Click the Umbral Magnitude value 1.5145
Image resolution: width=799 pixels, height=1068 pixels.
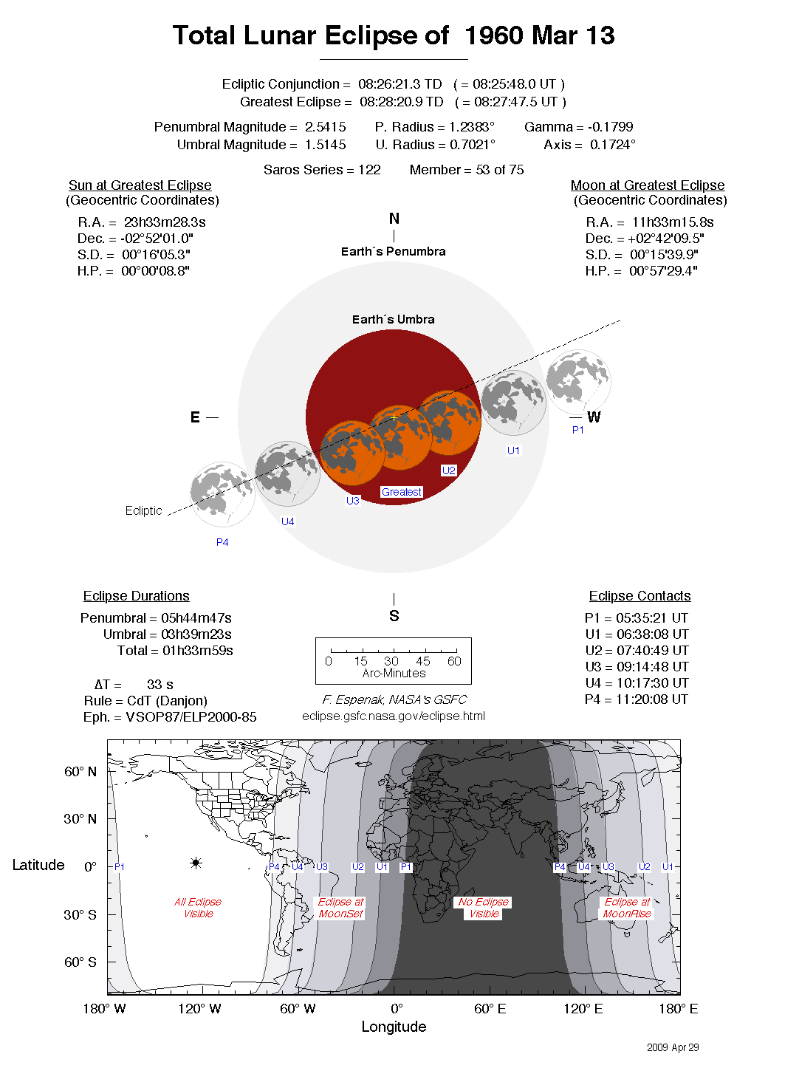pyautogui.click(x=326, y=145)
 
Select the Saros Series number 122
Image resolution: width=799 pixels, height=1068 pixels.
pyautogui.click(x=369, y=170)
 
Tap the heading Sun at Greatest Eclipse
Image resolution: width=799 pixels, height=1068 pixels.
pyautogui.click(x=140, y=185)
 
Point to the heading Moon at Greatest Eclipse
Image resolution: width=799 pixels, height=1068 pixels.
pyautogui.click(x=648, y=185)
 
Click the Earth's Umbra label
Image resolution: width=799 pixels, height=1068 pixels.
pyautogui.click(x=393, y=319)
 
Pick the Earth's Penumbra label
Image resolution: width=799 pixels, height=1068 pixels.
pyautogui.click(x=393, y=251)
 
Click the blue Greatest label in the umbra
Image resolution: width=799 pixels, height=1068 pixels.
pyautogui.click(x=402, y=492)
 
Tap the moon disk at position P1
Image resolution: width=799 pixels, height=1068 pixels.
pyautogui.click(x=578, y=382)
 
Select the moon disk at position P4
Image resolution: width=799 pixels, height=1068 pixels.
pyautogui.click(x=222, y=493)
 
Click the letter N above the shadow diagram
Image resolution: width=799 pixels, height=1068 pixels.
pyautogui.click(x=394, y=219)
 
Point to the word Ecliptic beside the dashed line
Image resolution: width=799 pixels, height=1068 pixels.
pyautogui.click(x=143, y=510)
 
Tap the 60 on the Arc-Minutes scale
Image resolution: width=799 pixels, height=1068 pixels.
pyautogui.click(x=454, y=661)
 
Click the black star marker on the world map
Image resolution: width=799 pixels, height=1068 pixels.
pyautogui.click(x=196, y=863)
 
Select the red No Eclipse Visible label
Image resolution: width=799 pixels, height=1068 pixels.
pyautogui.click(x=484, y=908)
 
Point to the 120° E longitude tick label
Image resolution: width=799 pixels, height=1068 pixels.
pyautogui.click(x=583, y=1009)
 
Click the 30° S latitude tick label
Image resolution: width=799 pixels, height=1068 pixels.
pyautogui.click(x=80, y=914)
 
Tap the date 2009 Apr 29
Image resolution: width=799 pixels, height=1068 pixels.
pyautogui.click(x=673, y=1047)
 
